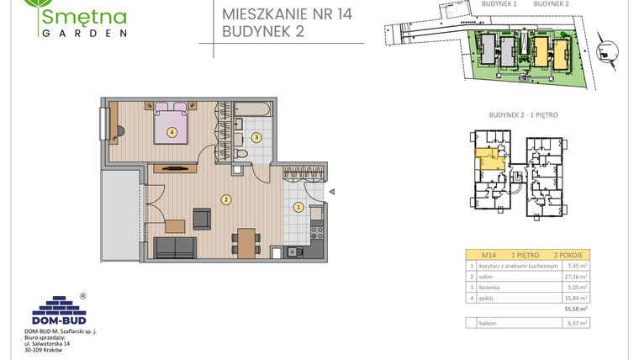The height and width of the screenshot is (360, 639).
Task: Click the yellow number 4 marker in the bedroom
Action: click(172, 131)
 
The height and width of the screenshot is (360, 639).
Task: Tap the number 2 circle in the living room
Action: click(225, 199)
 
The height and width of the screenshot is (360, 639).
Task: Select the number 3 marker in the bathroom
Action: click(257, 136)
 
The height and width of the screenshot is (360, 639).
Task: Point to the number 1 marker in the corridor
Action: click(297, 207)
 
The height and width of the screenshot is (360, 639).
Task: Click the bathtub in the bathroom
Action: click(251, 109)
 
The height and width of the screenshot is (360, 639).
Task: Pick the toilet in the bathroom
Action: click(241, 156)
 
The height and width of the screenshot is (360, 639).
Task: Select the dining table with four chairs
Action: click(246, 241)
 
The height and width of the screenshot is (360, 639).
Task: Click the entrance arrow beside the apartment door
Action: click(333, 191)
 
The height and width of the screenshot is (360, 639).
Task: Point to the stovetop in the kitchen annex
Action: click(317, 230)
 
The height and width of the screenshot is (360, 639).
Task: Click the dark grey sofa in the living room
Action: click(174, 247)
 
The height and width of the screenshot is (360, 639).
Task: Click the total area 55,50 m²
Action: click(575, 310)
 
